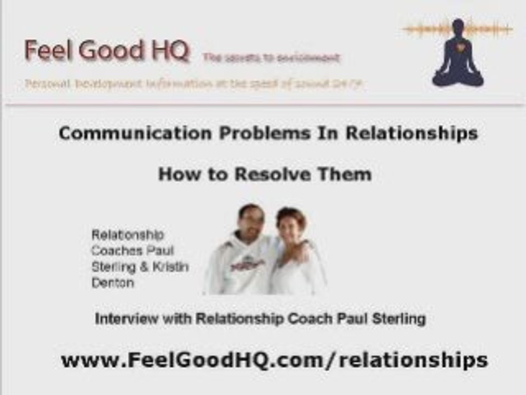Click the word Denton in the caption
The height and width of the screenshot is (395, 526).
coord(112,283)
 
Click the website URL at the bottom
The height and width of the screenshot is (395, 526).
coord(274,360)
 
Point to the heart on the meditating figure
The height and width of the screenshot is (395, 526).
coord(458,48)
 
